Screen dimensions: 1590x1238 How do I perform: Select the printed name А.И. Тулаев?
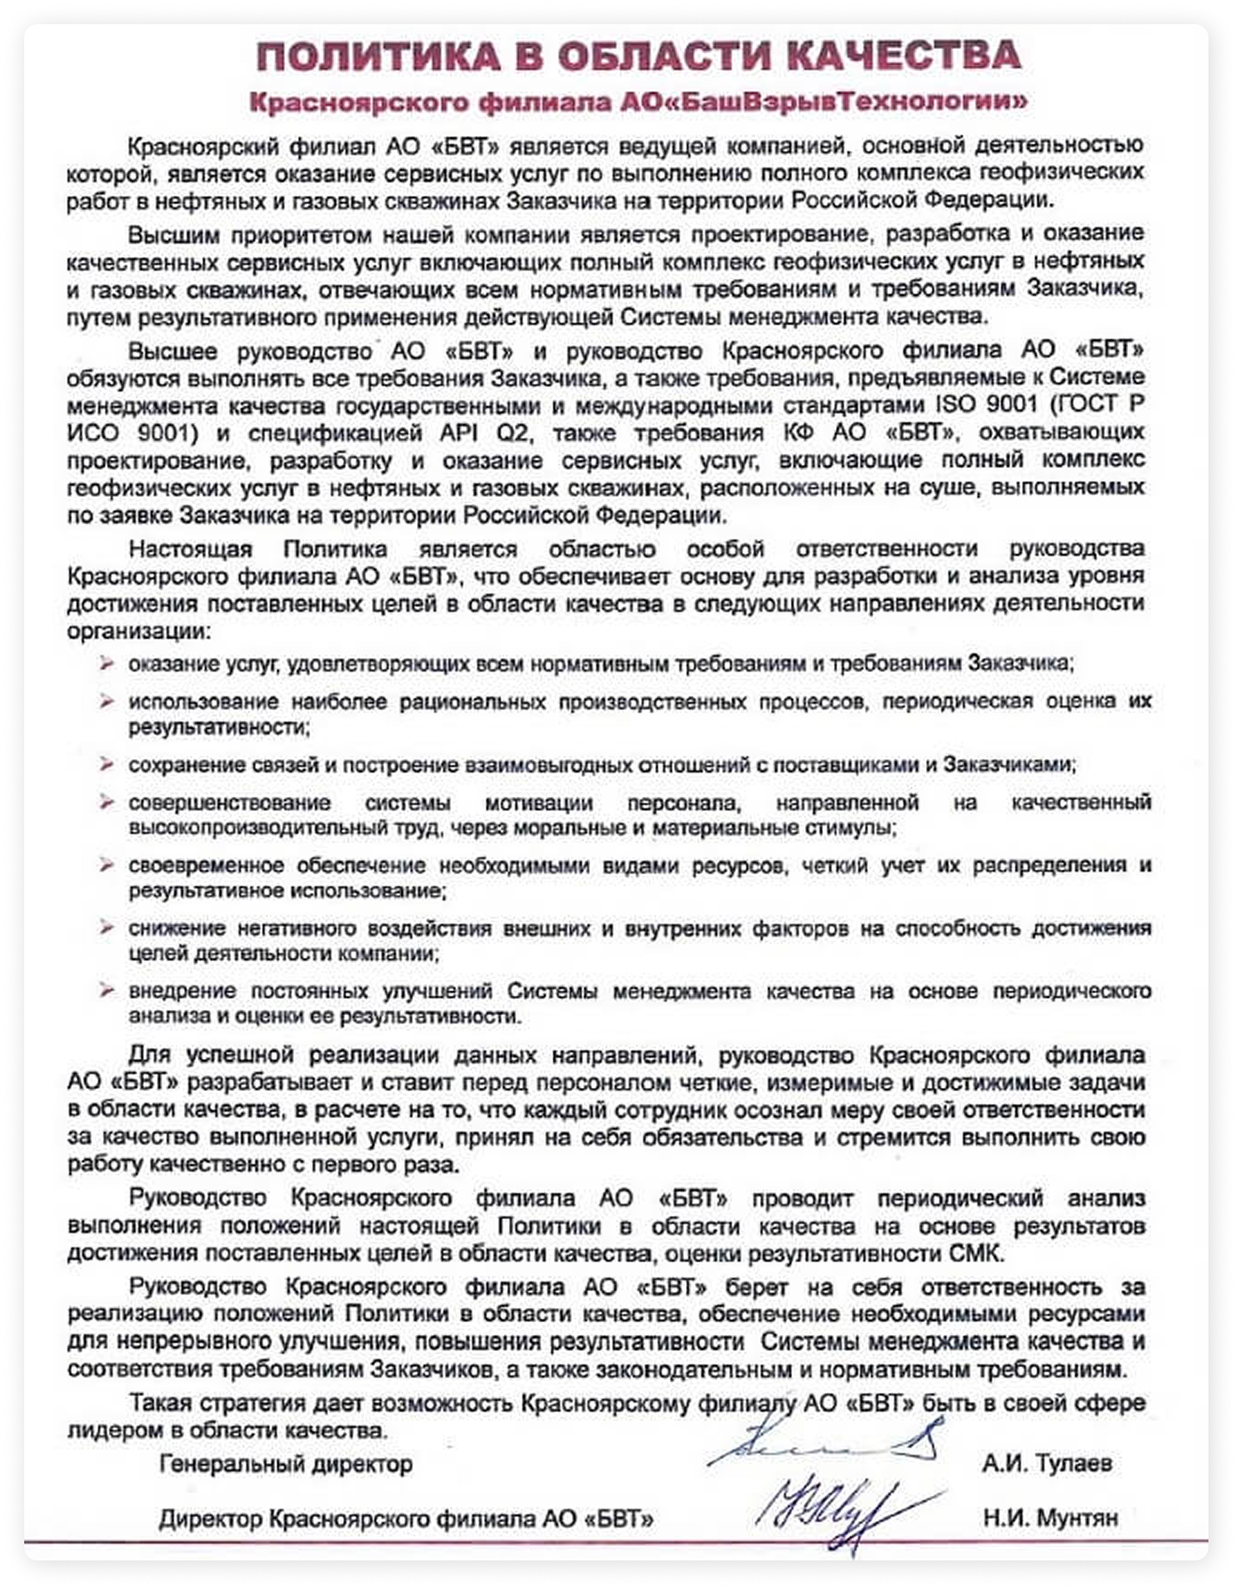pyautogui.click(x=1047, y=1462)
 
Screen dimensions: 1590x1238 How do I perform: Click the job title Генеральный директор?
pyautogui.click(x=286, y=1463)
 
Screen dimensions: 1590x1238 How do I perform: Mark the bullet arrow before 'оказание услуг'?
pyautogui.click(x=107, y=663)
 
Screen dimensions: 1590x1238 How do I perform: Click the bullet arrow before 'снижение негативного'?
pyautogui.click(x=107, y=927)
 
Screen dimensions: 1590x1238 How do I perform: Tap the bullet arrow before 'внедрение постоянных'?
pyautogui.click(x=107, y=990)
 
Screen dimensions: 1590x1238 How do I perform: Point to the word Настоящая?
pyautogui.click(x=190, y=549)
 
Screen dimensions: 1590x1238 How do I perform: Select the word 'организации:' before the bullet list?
pyautogui.click(x=138, y=630)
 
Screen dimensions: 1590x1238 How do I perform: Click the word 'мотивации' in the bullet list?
pyautogui.click(x=538, y=803)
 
